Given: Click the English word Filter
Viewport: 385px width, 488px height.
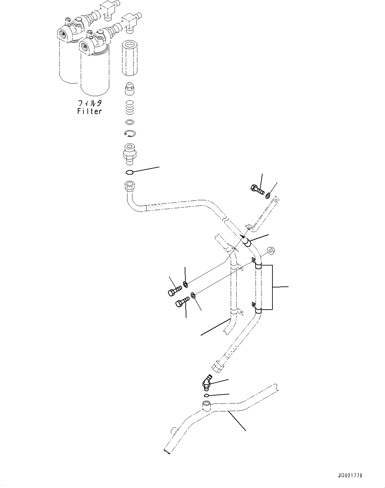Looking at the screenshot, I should [x=89, y=111].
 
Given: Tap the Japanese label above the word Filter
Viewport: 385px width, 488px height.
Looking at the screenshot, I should [x=89, y=103].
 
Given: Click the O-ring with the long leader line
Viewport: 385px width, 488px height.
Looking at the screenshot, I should [x=130, y=172].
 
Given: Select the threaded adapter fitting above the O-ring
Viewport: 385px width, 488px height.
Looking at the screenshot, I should [x=130, y=154].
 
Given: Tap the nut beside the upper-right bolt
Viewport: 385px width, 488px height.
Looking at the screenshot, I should [x=267, y=196].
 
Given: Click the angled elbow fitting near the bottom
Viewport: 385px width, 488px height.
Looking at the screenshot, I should [x=206, y=383].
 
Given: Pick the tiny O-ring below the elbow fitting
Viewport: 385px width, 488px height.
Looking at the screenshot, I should [x=206, y=395].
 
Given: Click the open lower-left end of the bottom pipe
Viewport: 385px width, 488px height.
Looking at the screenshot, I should [x=167, y=451].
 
